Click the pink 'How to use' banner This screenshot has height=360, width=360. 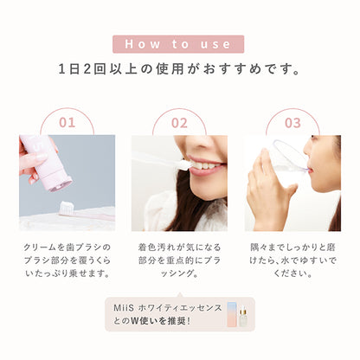click(179, 44)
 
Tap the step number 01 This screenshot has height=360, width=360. click(66, 123)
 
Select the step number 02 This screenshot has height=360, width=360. click(179, 123)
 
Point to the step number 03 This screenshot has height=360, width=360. click(292, 123)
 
